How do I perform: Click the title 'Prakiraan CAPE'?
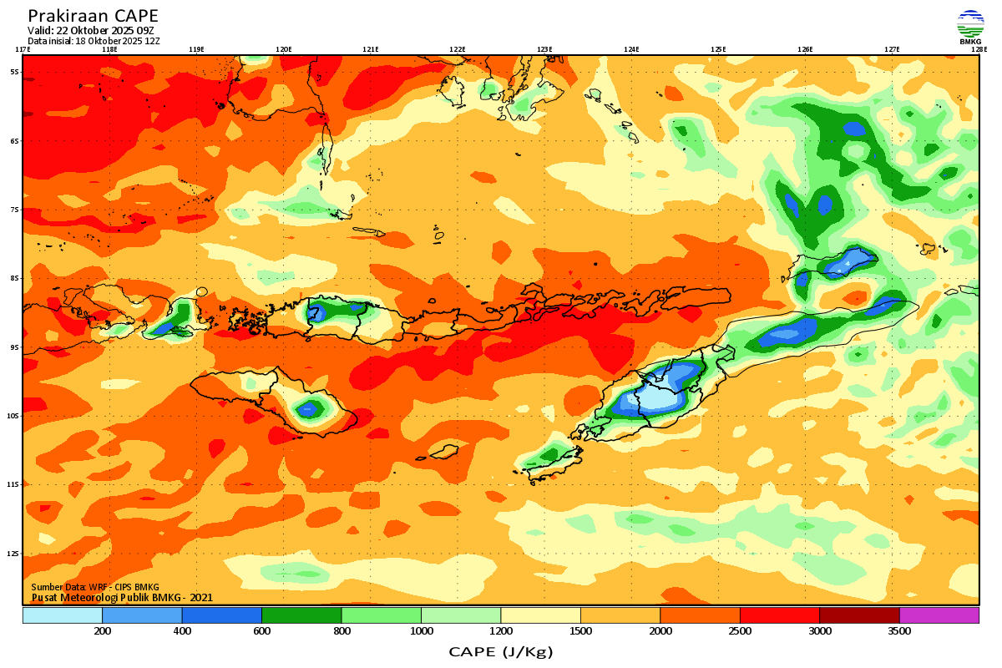tap(93, 16)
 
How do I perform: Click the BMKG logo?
tap(970, 26)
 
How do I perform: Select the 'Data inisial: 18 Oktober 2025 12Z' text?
tap(94, 40)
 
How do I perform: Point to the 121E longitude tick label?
tap(370, 49)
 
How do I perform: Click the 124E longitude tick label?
tap(631, 49)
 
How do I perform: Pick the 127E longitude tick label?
tap(892, 49)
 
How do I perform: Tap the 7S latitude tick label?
tap(15, 210)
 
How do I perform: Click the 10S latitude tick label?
tap(14, 416)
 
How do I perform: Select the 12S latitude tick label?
tap(14, 554)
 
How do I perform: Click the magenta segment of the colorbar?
tap(939, 615)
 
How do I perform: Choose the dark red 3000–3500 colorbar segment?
tap(859, 615)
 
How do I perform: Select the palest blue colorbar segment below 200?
tap(63, 615)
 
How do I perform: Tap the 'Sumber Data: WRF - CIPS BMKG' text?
tap(95, 587)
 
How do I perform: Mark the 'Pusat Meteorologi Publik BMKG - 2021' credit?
tap(122, 597)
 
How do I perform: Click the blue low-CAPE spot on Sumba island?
tap(311, 408)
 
